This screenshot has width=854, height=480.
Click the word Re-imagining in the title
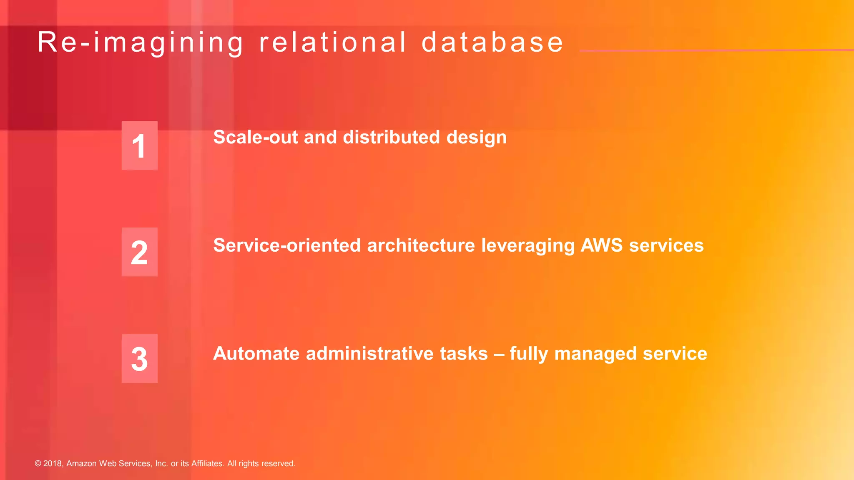click(x=140, y=43)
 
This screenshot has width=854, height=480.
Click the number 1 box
click(x=139, y=146)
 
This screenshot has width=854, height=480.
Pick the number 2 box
click(x=139, y=252)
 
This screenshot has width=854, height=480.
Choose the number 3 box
click(x=139, y=359)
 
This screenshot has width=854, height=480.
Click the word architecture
click(x=421, y=245)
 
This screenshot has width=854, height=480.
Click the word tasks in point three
click(x=464, y=354)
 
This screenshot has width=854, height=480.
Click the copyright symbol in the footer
click(x=38, y=464)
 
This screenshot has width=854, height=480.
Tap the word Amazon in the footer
click(x=82, y=464)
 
